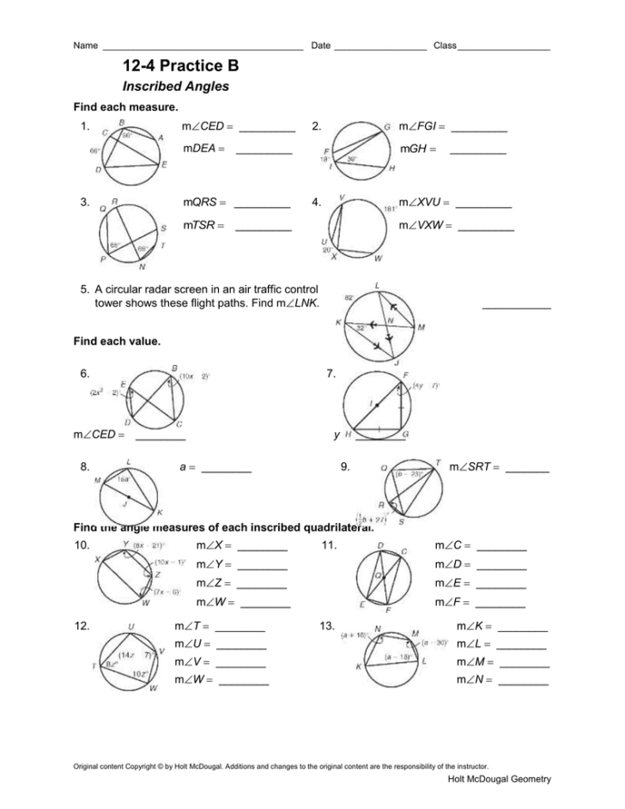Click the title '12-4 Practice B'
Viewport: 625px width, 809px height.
(181, 66)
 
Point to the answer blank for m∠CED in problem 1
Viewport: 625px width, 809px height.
(267, 131)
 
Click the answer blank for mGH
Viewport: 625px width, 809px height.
(477, 153)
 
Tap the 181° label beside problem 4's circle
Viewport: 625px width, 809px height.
(391, 209)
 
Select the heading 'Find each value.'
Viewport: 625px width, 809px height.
(118, 341)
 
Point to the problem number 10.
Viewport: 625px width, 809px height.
(83, 545)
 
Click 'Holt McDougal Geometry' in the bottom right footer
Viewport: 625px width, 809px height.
(500, 778)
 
